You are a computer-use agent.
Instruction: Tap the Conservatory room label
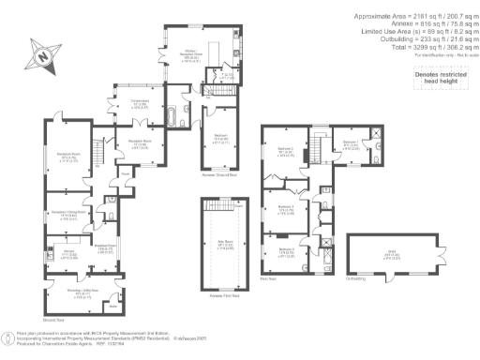pyautogui.click(x=139, y=104)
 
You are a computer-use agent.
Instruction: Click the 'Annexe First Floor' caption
pyautogui.click(x=223, y=296)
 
